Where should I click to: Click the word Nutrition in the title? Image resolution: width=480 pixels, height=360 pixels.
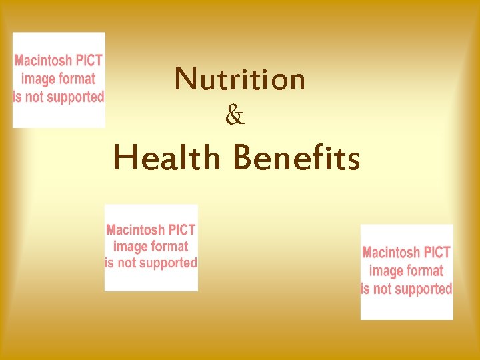[240, 79]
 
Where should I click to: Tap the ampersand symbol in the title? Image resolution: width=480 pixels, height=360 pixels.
[235, 117]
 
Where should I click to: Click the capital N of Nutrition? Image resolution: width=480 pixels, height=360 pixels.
[185, 79]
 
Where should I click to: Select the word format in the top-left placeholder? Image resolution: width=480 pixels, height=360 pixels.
[77, 79]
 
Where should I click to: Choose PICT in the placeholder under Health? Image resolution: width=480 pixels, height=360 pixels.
[183, 230]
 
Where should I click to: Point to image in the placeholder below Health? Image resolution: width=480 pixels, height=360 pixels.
[130, 247]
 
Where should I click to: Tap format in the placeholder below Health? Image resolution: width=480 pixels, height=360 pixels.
[169, 247]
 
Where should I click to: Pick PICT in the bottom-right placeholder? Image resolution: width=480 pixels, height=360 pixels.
[438, 253]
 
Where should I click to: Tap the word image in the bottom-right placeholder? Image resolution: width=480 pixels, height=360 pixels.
[385, 271]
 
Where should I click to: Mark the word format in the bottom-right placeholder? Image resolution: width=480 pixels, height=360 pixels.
[425, 271]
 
